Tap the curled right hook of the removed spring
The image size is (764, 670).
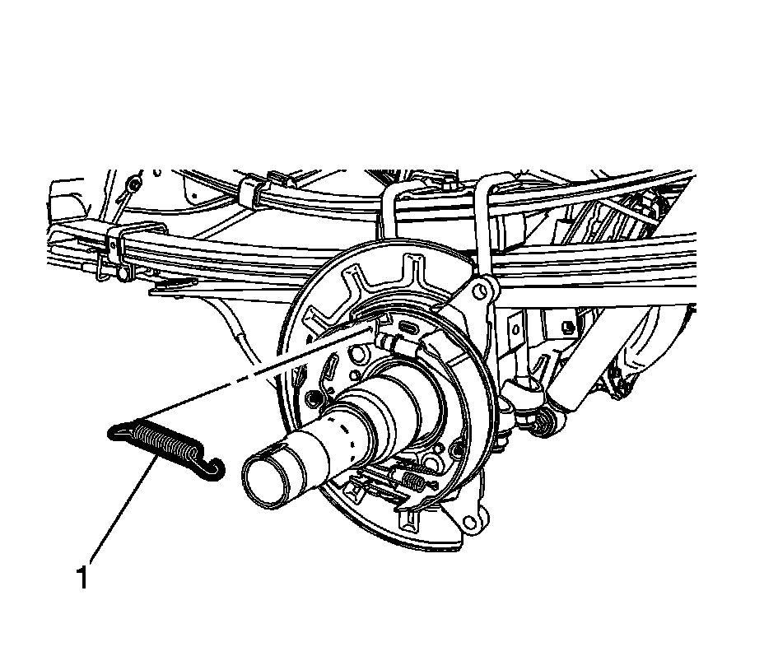(211, 468)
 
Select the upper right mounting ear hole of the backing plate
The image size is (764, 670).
(481, 291)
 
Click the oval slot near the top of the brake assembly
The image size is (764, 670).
(410, 327)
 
